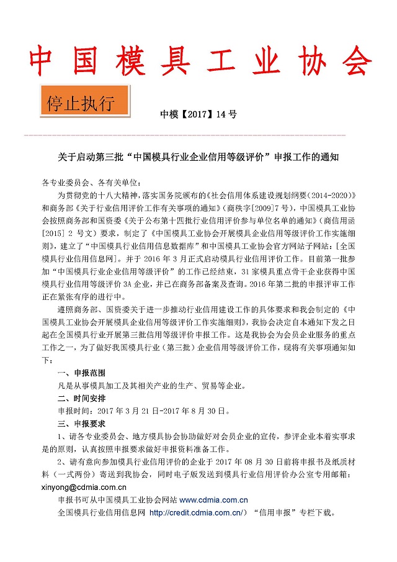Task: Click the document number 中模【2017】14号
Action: (198, 114)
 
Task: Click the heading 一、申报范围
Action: (77, 373)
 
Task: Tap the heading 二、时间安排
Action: (77, 398)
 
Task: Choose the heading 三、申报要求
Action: (77, 424)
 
